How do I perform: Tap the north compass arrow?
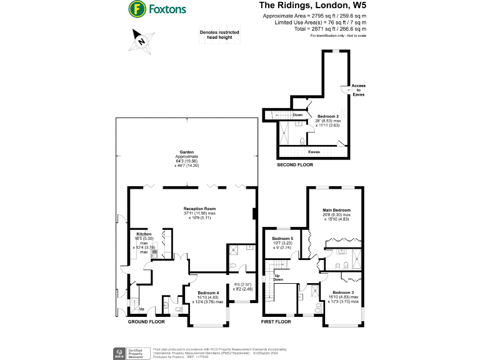141,42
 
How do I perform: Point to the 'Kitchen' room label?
144,234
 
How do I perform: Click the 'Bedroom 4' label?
209,292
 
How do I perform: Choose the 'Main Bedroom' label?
336,210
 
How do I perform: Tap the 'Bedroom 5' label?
282,238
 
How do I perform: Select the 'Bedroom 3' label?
342,292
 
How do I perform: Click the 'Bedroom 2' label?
327,116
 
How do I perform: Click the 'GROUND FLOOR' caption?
146,321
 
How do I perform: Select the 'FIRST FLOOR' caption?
276,321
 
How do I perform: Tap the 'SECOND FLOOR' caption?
295,165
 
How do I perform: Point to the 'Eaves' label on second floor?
314,151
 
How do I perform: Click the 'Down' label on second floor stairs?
298,114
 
